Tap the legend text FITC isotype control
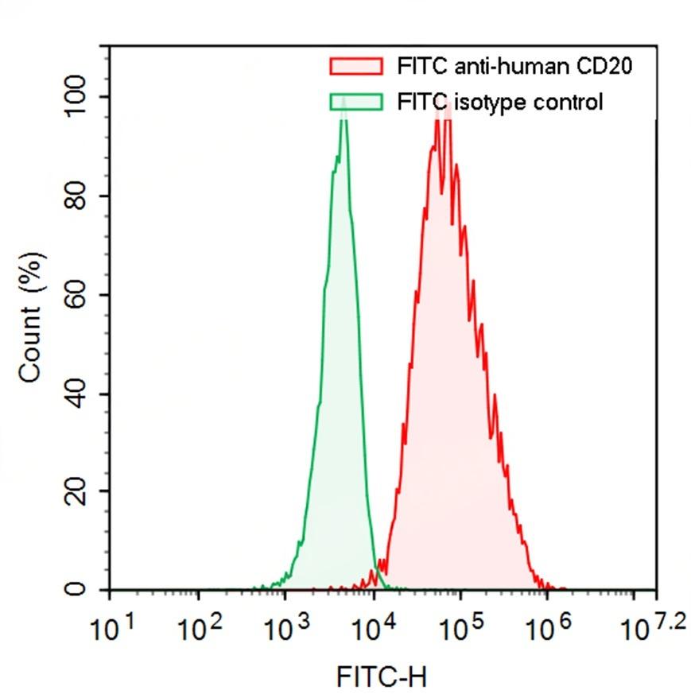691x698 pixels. (499, 102)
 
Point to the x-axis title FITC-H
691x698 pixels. (382, 677)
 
